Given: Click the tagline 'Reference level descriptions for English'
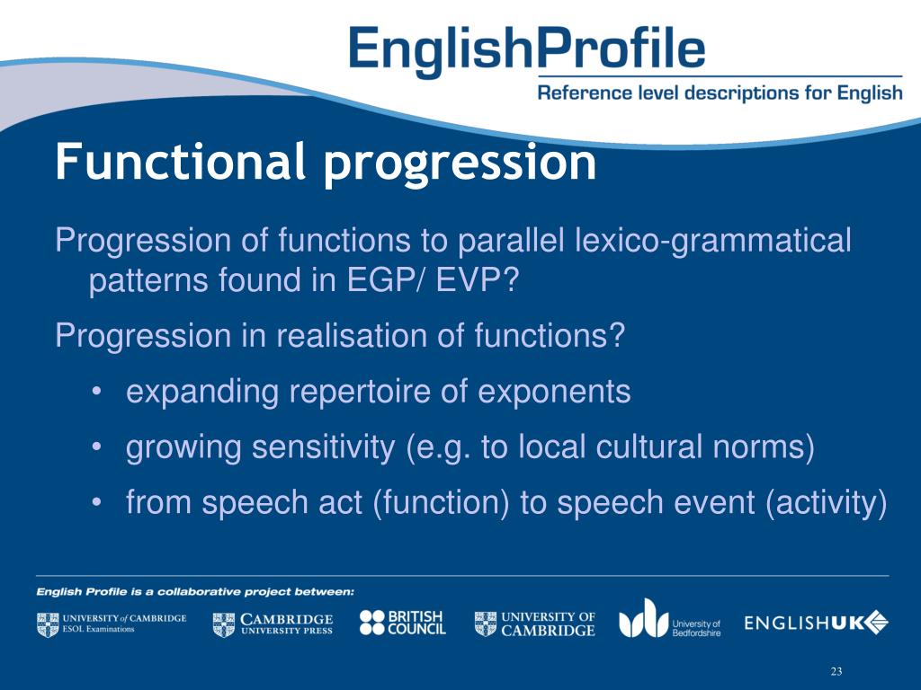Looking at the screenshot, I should (720, 93).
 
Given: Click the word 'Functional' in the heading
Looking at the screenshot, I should (176, 162).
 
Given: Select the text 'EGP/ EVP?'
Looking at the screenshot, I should (434, 283).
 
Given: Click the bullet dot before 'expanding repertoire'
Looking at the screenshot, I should (97, 393).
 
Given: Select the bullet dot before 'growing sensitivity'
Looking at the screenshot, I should (97, 447).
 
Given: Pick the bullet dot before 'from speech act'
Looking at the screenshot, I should (97, 503).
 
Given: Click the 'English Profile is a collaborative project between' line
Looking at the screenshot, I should (195, 591).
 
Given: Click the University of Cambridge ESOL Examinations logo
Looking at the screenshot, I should (112, 624).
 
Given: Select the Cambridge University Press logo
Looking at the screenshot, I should (273, 624).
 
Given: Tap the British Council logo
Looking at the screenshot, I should (402, 623).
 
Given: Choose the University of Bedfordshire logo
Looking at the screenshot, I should (669, 619).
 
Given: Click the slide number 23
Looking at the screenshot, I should (836, 672).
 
